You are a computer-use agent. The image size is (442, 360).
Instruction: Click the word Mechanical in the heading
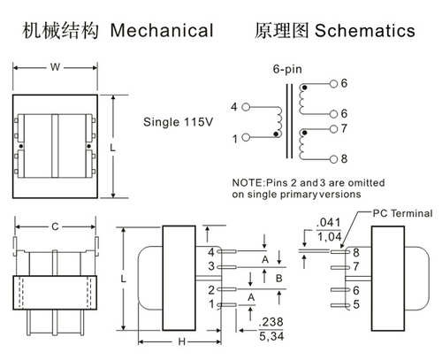[x=162, y=30]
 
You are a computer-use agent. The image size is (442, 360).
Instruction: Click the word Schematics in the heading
[x=365, y=30]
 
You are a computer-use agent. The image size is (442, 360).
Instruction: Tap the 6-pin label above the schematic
[x=287, y=69]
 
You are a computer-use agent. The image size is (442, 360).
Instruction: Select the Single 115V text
[x=178, y=122]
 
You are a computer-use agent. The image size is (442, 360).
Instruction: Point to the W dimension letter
[x=55, y=67]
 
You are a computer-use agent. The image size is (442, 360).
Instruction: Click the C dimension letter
[x=55, y=226]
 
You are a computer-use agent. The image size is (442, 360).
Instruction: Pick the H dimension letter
[x=182, y=341]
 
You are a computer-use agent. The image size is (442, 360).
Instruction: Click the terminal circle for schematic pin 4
[x=246, y=107]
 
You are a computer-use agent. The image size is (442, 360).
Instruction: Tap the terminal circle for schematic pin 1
[x=246, y=137]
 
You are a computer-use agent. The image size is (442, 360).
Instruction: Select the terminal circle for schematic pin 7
[x=333, y=129]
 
